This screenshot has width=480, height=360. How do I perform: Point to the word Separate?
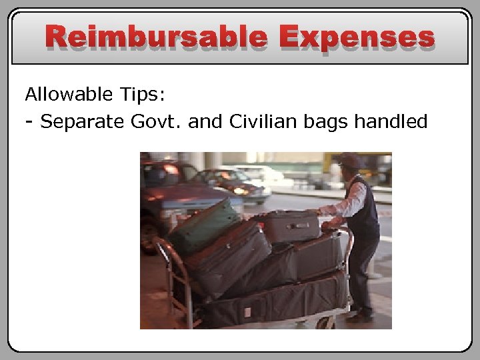(x=81, y=121)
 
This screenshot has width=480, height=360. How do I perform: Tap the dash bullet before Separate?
(x=29, y=121)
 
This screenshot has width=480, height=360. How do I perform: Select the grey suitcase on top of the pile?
(x=289, y=226)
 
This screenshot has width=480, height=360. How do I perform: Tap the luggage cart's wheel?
(x=324, y=323)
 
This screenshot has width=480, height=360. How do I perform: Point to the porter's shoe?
(x=360, y=317)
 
